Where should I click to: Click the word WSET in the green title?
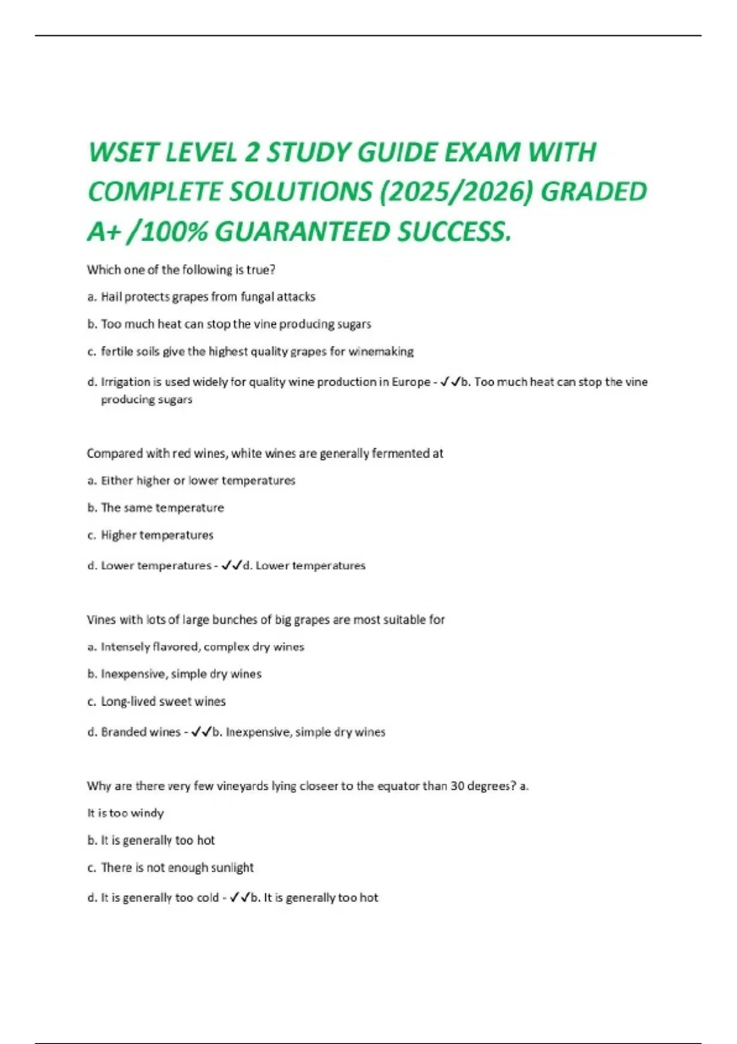click(x=123, y=153)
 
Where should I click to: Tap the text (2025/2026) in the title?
click(x=455, y=192)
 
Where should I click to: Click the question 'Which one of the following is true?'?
click(x=181, y=270)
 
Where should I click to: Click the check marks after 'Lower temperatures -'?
click(x=232, y=566)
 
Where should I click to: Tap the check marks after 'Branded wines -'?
click(x=201, y=732)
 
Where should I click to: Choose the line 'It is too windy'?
click(x=125, y=814)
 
